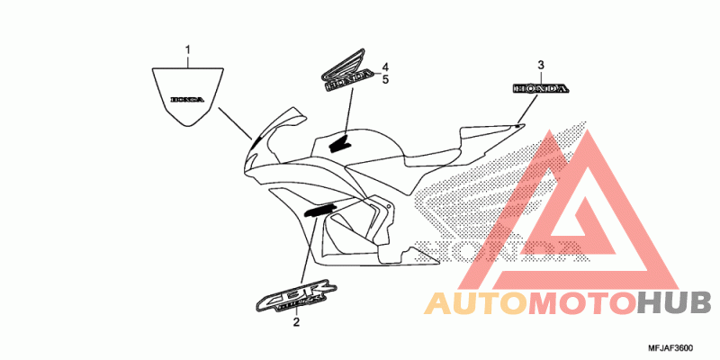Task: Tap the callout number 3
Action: click(x=541, y=64)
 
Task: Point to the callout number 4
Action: click(x=384, y=67)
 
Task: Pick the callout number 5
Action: click(x=384, y=80)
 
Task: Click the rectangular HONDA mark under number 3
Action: click(x=540, y=89)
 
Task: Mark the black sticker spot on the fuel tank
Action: click(x=340, y=142)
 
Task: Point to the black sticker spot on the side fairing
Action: click(x=319, y=210)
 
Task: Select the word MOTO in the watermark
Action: click(x=581, y=303)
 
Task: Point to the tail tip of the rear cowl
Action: click(x=522, y=125)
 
